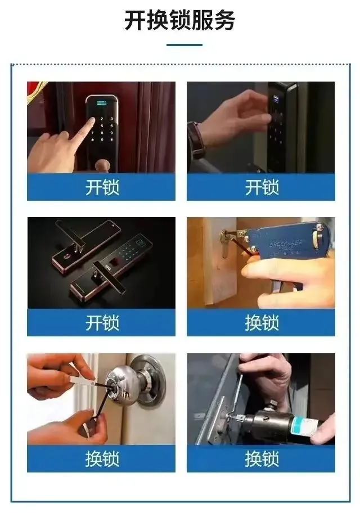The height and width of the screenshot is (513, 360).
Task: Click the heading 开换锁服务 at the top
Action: (x=179, y=20)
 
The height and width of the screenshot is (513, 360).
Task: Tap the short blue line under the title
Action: (x=184, y=45)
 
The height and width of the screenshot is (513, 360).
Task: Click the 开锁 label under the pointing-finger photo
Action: (x=102, y=187)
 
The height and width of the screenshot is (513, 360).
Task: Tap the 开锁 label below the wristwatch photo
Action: (x=262, y=187)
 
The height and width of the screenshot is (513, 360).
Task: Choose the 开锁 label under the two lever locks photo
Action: (x=102, y=323)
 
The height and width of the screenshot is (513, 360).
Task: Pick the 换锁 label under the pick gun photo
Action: (x=262, y=323)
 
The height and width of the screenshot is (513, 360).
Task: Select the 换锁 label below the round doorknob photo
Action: (x=102, y=458)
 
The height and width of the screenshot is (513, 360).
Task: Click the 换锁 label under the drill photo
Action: (x=262, y=458)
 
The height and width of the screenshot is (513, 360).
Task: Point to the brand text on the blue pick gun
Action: (x=285, y=244)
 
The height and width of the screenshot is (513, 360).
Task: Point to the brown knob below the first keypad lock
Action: (x=103, y=166)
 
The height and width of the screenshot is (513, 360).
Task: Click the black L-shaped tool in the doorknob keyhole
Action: (x=103, y=410)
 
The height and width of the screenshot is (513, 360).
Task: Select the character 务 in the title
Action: (x=224, y=20)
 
